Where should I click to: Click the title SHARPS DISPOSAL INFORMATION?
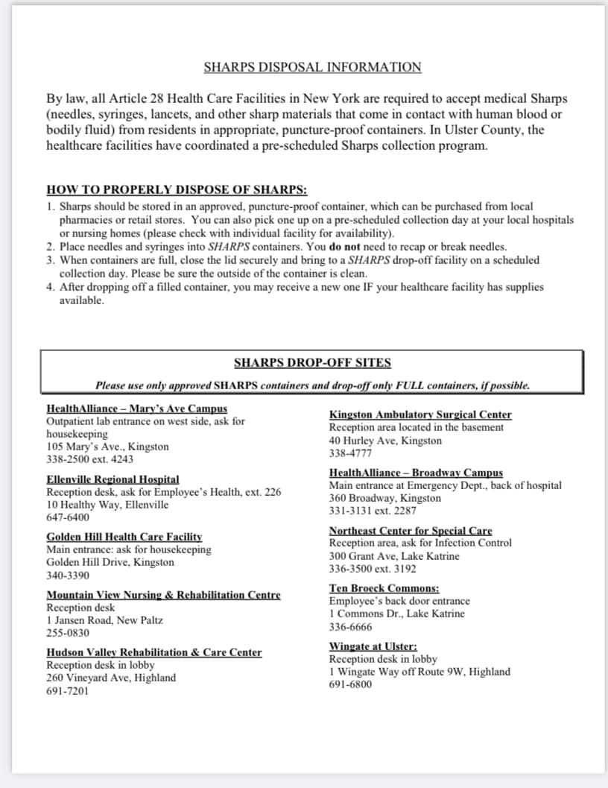tap(312, 67)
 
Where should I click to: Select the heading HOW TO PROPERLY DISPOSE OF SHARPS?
tap(177, 189)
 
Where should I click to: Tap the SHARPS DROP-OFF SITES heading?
tap(312, 363)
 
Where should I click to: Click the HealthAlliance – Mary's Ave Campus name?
tap(136, 409)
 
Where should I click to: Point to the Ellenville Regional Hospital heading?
tap(113, 479)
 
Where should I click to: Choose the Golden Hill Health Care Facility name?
tap(124, 537)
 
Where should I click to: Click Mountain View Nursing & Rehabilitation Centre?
tap(163, 595)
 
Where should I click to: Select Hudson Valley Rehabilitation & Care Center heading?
tap(154, 652)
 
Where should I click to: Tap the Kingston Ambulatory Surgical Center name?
tap(420, 415)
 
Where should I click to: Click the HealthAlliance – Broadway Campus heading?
tap(416, 473)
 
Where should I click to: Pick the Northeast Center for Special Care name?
tap(411, 531)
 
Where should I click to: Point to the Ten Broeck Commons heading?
tap(384, 588)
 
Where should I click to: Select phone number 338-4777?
tap(351, 453)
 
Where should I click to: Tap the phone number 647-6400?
tap(68, 517)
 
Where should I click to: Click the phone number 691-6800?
tap(350, 684)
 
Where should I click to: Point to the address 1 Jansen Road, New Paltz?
tap(104, 620)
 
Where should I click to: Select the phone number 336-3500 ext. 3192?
tap(373, 569)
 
